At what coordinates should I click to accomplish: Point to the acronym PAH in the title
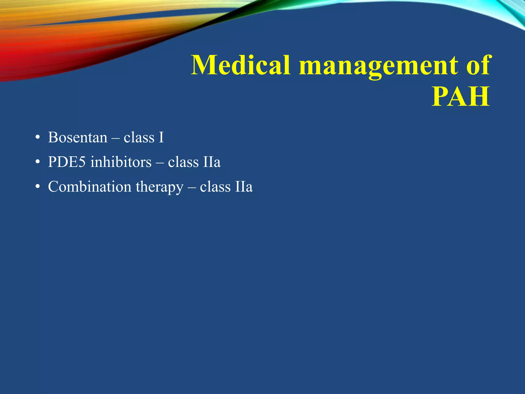tap(461, 97)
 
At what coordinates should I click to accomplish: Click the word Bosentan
tap(78, 137)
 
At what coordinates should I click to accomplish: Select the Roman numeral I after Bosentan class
tap(161, 137)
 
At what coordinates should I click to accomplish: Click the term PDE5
tap(67, 162)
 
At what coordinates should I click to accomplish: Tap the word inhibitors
tap(121, 162)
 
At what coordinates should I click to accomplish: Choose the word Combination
tap(90, 186)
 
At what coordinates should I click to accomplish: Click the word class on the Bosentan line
tap(139, 137)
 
